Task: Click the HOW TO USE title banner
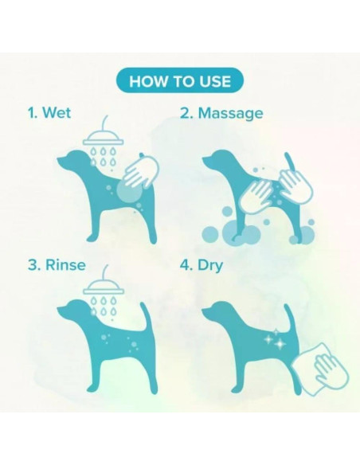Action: [180, 80]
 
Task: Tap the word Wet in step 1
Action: [57, 113]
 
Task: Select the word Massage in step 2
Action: [230, 114]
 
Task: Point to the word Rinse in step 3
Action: [65, 265]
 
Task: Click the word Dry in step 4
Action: [210, 265]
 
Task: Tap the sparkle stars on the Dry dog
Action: [274, 339]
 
